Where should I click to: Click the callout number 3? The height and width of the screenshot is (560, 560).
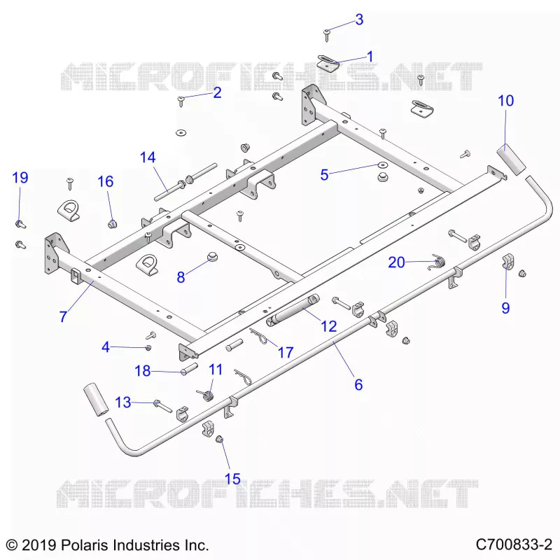click(x=359, y=20)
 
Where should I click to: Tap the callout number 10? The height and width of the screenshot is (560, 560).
click(x=505, y=101)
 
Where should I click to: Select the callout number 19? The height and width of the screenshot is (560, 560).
click(x=20, y=178)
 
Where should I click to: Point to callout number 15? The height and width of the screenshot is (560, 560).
click(x=232, y=479)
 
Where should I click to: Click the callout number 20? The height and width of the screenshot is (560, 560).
click(x=396, y=262)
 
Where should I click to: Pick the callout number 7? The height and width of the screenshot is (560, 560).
click(x=63, y=316)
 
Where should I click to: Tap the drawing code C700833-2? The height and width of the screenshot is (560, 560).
click(x=514, y=545)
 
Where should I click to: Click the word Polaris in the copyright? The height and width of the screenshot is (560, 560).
click(x=84, y=545)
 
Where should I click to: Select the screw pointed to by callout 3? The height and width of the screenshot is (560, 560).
click(x=327, y=35)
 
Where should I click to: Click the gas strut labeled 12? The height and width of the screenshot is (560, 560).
click(x=293, y=310)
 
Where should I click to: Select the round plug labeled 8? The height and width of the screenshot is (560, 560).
click(x=213, y=256)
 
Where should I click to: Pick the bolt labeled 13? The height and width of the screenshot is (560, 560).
click(x=162, y=406)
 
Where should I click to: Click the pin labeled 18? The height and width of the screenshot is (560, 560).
click(x=189, y=369)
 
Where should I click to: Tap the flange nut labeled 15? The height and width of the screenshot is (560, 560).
click(x=219, y=439)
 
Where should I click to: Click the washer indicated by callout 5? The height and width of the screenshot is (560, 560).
click(x=383, y=165)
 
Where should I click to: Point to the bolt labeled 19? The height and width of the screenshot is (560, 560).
click(x=20, y=225)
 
